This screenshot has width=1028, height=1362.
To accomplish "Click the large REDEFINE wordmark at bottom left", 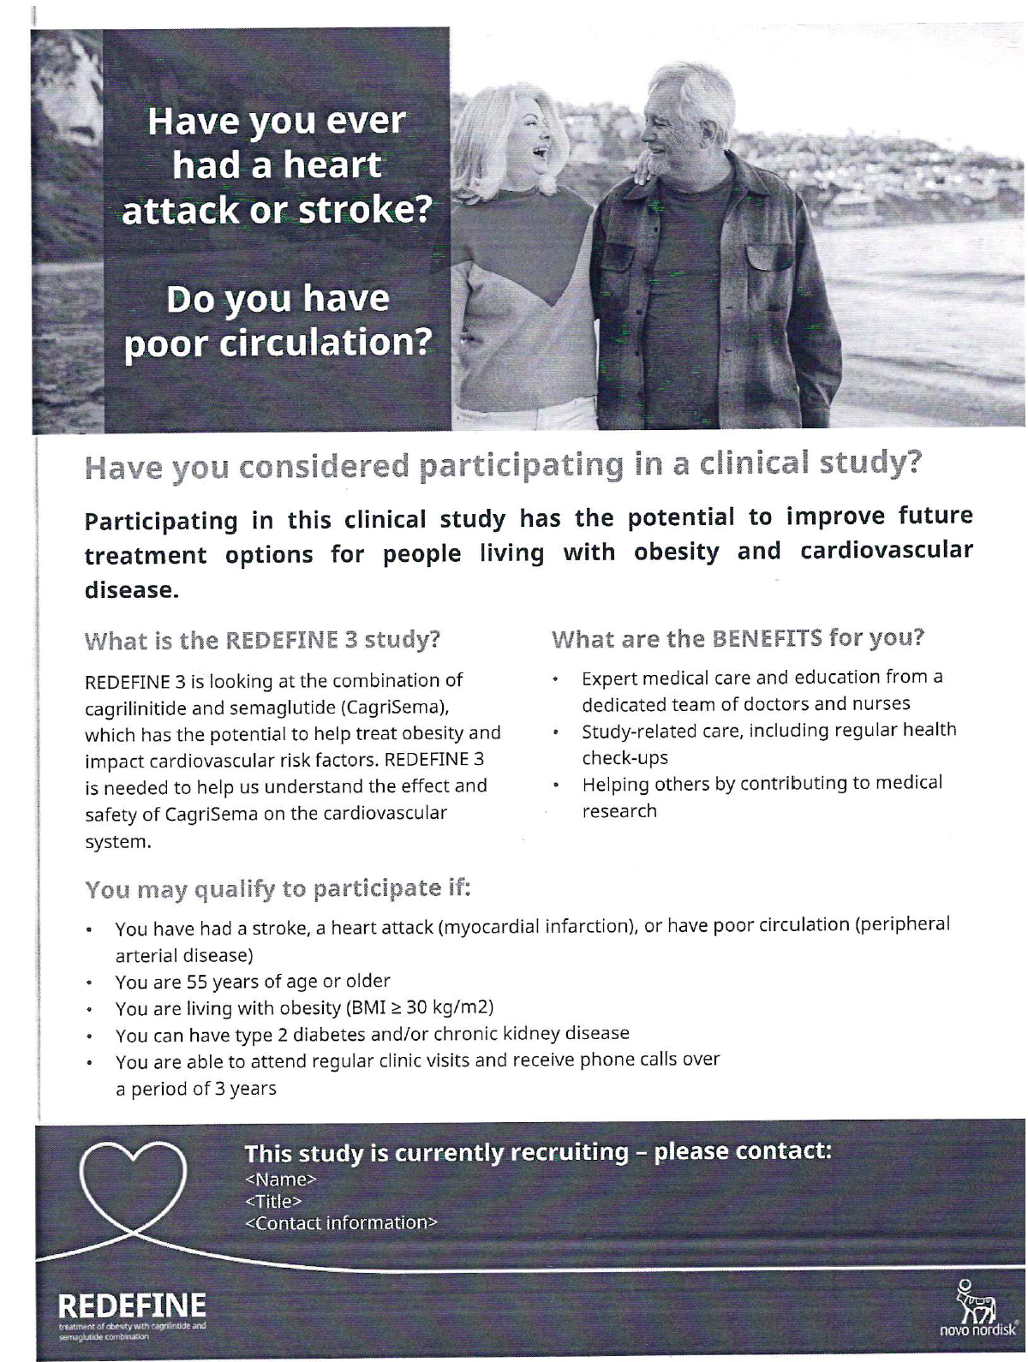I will click(x=132, y=1305).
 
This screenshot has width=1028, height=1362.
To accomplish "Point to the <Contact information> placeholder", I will click(x=341, y=1222).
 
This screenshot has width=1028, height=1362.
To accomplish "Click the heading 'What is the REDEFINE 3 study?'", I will click(x=262, y=640).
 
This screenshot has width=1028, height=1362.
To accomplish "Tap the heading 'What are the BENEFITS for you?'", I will click(x=738, y=638).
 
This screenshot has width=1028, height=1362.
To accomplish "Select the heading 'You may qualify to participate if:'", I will click(x=278, y=889).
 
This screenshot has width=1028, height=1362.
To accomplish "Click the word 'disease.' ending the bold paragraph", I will click(x=131, y=590).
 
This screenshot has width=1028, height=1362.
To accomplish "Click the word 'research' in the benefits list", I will click(x=619, y=810).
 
